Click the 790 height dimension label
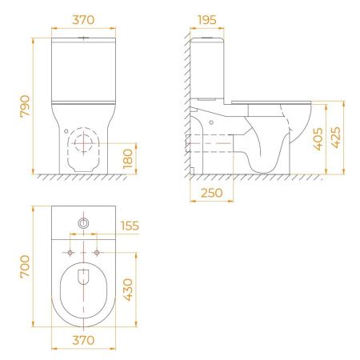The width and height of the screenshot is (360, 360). tap(25, 106)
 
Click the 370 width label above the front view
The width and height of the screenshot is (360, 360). tap(83, 20)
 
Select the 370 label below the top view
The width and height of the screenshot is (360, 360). tap(83, 340)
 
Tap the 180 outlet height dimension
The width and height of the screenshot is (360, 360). tap(128, 158)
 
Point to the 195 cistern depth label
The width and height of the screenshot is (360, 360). tap(207, 20)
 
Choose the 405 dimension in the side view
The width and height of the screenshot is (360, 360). tap(318, 139)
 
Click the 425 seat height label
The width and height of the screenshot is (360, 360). tap(336, 138)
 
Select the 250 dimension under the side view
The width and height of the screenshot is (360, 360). tap(211, 193)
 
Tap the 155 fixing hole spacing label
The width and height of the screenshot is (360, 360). tap(130, 226)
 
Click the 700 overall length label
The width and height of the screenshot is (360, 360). tap(25, 266)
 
